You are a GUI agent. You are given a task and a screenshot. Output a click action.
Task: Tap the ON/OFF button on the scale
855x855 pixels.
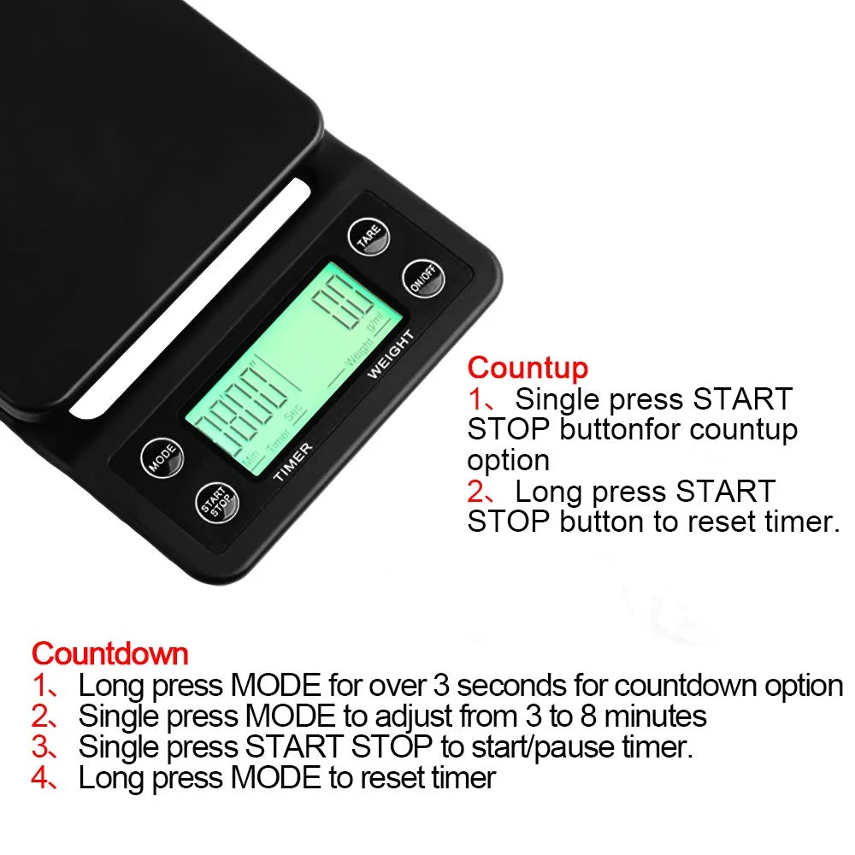[x=423, y=279]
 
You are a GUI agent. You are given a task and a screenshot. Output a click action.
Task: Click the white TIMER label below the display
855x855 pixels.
[x=293, y=462]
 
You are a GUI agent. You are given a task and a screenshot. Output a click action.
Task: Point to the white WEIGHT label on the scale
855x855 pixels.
[x=391, y=355]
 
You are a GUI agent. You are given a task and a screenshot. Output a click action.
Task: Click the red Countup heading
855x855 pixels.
[x=528, y=368]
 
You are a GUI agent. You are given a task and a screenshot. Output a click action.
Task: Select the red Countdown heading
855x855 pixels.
[x=109, y=654]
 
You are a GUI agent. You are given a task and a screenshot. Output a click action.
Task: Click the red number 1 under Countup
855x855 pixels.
[x=475, y=398]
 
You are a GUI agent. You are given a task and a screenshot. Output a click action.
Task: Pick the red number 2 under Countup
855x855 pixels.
[x=475, y=492]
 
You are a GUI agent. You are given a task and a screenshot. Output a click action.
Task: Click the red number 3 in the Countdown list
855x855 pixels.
[x=41, y=746]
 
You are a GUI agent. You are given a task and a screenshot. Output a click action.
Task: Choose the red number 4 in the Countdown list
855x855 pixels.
[x=41, y=777]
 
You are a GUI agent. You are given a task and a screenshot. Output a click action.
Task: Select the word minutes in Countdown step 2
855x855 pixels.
[x=647, y=716]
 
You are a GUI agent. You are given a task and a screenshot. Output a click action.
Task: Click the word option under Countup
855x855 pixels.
[x=508, y=460]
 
